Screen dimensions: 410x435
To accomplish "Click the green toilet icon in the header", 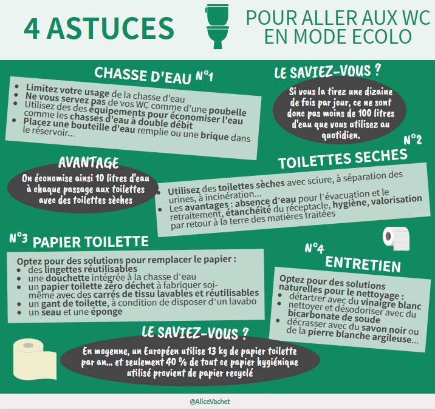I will click(x=217, y=27).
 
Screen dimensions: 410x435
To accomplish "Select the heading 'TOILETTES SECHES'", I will click(x=342, y=159).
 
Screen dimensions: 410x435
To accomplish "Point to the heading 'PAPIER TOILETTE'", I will click(x=91, y=241).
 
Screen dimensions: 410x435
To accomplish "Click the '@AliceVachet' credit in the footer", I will click(x=217, y=402).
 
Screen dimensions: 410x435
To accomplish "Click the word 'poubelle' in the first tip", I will click(x=226, y=112).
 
